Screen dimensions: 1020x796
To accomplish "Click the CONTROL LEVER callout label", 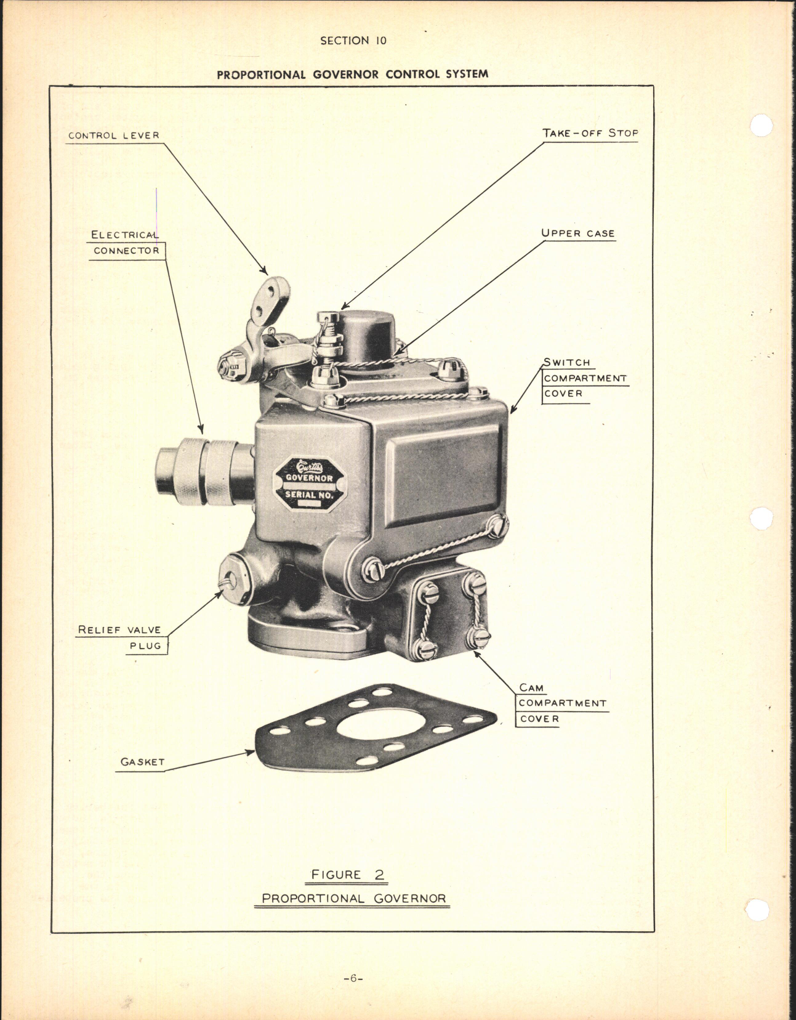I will tap(113, 136).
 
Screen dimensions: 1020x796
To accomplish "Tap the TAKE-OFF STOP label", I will tap(589, 133).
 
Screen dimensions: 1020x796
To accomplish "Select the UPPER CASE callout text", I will tap(577, 233).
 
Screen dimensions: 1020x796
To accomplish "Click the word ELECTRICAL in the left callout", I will tap(124, 235).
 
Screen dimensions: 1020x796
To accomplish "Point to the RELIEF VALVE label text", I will tap(119, 630).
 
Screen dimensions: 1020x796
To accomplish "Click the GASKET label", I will tap(142, 762).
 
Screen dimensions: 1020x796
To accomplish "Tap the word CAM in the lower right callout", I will tap(531, 687).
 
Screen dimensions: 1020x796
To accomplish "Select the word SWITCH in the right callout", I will tap(566, 362).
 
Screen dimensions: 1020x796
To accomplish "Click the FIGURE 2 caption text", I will tap(347, 874).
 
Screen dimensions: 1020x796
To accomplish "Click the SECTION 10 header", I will tap(353, 41).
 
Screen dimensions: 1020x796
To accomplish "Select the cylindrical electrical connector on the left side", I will tap(204, 471).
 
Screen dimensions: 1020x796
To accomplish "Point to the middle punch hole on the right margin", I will tap(762, 518).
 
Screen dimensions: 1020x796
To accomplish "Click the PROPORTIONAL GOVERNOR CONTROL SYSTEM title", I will tap(352, 74).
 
